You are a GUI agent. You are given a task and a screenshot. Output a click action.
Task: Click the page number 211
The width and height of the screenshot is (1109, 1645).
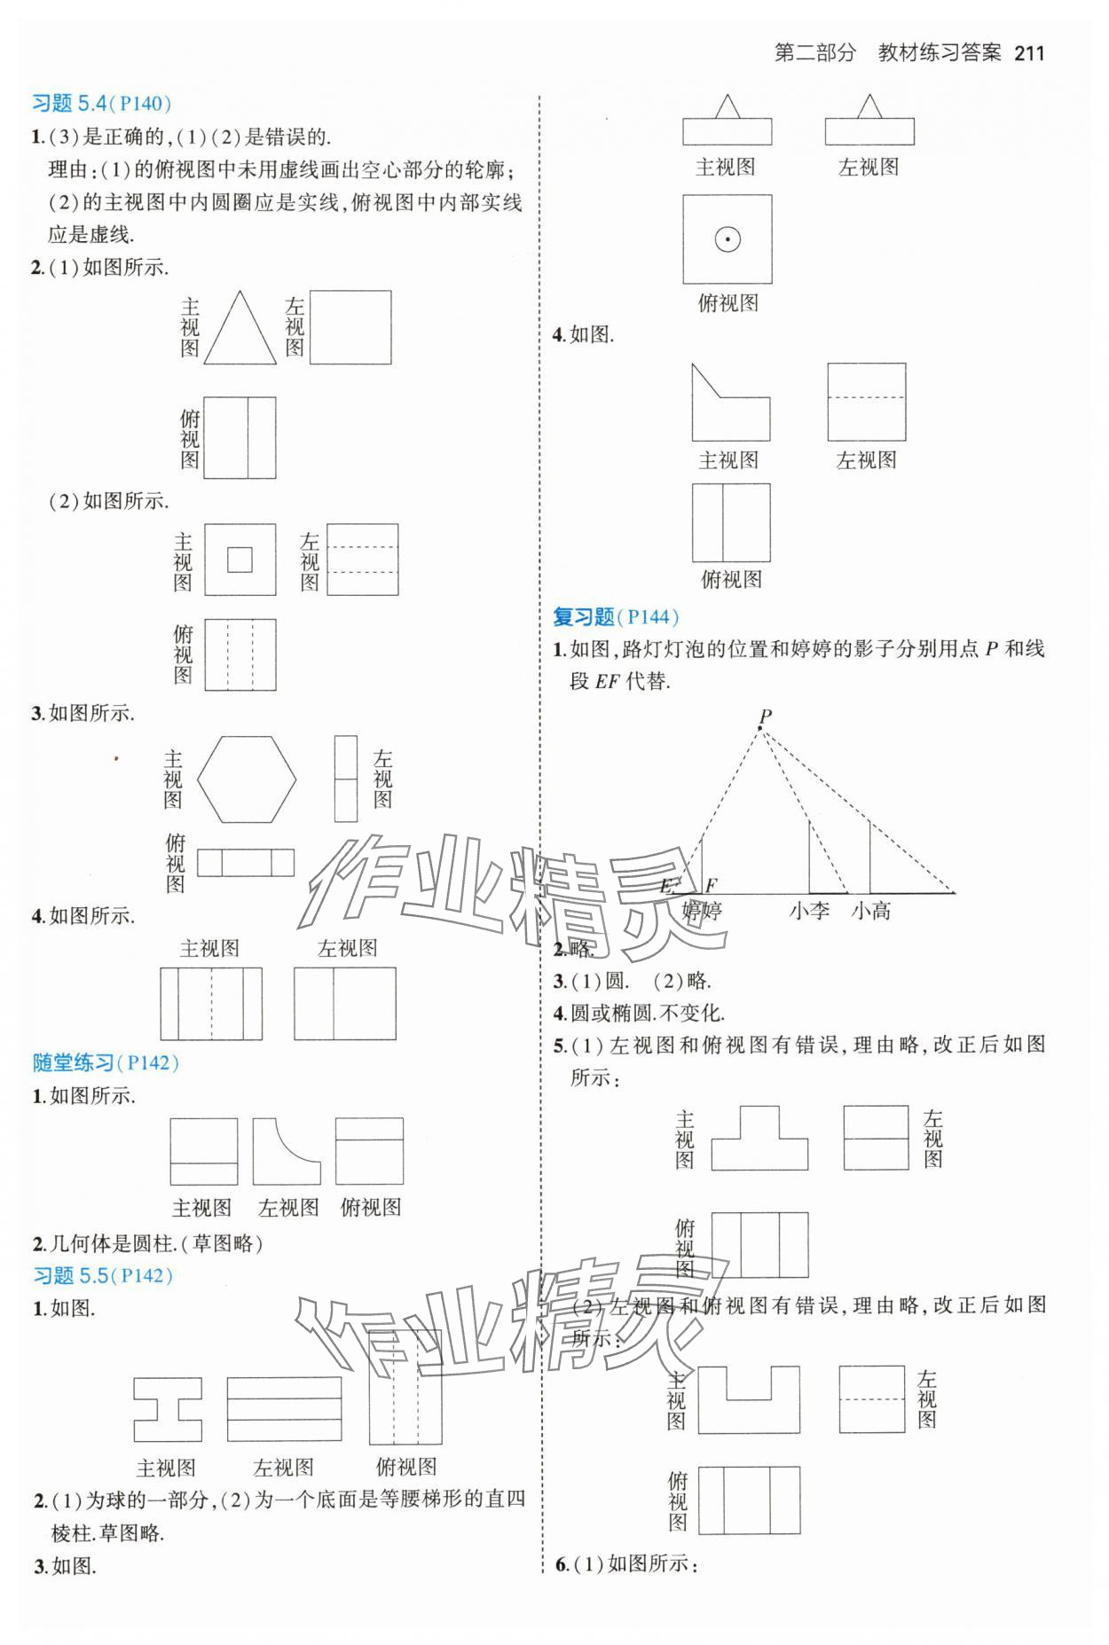point(1029,52)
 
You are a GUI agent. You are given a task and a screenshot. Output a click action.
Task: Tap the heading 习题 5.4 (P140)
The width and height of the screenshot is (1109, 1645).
point(101,104)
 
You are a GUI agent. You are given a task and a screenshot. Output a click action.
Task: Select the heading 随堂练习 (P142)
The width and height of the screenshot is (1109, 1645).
point(106,1062)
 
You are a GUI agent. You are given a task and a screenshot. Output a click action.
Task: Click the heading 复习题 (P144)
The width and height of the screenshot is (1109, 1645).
point(615,617)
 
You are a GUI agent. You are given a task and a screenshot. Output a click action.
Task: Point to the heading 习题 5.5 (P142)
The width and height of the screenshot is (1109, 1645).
point(102,1275)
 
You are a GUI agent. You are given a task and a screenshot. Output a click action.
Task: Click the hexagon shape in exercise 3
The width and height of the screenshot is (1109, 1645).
point(247,779)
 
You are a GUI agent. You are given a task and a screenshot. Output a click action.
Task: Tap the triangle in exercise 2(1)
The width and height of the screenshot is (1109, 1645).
point(240,331)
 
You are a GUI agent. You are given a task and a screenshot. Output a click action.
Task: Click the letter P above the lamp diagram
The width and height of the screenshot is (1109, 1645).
point(765,715)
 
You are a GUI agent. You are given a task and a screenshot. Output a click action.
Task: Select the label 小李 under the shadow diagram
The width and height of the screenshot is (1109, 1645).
point(809,911)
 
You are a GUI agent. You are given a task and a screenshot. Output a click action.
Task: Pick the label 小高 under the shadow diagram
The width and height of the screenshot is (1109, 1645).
point(870,911)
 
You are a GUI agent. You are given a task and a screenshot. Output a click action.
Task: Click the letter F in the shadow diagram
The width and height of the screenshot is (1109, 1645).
point(711,884)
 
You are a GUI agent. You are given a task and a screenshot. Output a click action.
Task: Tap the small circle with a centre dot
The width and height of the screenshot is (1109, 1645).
point(728,239)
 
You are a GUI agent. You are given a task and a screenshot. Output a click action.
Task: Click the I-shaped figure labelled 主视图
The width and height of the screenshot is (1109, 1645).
point(168,1408)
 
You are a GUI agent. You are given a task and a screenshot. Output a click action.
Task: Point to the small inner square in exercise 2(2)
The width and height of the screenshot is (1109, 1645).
point(240,560)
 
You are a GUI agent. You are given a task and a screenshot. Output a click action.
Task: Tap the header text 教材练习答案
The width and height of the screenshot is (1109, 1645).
point(939,52)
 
